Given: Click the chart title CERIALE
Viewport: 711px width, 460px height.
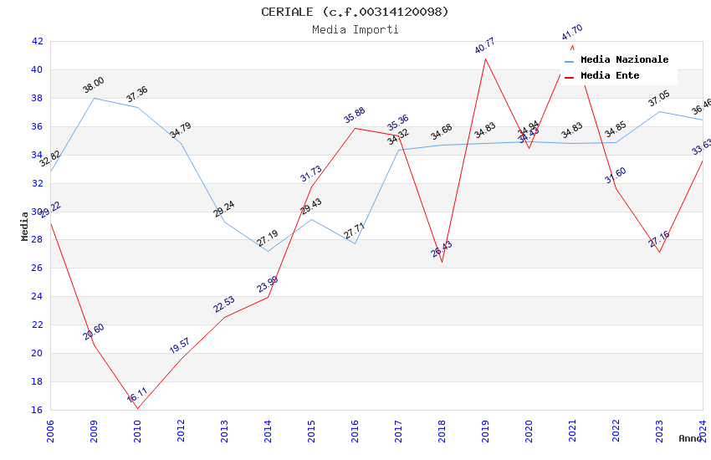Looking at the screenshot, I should point(355,12).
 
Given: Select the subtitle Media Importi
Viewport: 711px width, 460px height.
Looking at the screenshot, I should point(355,29).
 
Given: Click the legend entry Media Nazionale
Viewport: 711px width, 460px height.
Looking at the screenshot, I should point(624,60).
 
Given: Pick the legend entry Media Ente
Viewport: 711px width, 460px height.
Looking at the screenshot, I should point(610,76).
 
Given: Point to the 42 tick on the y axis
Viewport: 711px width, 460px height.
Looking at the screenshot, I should point(37,41).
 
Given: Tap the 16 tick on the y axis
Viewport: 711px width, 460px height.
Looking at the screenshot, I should point(37,410).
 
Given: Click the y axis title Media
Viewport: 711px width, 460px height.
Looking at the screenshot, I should point(25,226).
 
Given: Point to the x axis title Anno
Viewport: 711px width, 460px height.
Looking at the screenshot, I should point(691,438).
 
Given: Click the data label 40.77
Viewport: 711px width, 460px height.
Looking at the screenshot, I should point(485,45).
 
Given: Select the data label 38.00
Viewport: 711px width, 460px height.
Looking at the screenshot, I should point(93,84).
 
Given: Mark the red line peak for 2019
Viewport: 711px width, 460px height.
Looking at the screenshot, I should point(485,58).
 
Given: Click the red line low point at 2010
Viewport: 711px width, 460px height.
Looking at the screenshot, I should point(137,408).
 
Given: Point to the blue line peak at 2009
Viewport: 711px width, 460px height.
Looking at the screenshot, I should point(94,98).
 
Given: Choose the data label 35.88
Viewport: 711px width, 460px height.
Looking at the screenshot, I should point(355,115).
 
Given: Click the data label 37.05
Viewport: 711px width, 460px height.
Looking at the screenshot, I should point(659,100).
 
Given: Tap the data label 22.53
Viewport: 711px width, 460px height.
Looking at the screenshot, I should point(224,304).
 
